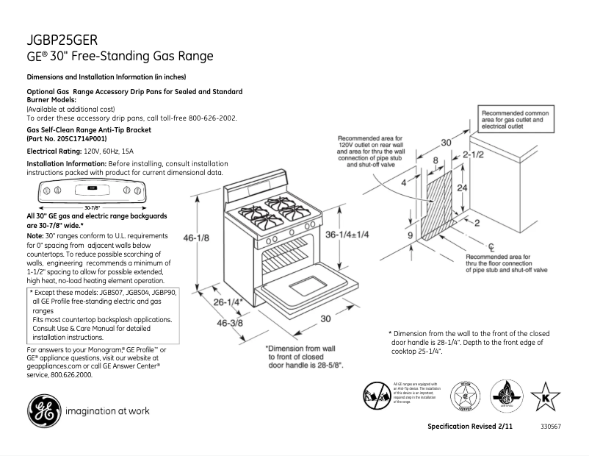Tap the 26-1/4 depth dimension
[x=229, y=302]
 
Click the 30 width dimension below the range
[x=325, y=318]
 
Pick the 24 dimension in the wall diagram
[x=461, y=188]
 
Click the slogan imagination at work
[x=108, y=411]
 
